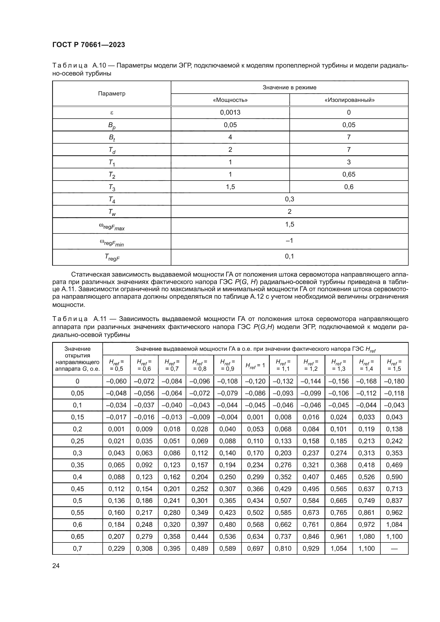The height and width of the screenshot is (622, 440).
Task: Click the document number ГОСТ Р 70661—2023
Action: click(89, 45)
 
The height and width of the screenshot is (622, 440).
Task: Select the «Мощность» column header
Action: click(230, 100)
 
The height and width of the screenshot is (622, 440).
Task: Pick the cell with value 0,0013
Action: click(230, 112)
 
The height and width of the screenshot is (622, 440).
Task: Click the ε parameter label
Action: click(112, 112)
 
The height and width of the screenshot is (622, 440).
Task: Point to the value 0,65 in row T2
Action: click(349, 174)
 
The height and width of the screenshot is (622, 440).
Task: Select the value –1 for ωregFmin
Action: click(289, 241)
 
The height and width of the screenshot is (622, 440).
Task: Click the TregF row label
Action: click(112, 257)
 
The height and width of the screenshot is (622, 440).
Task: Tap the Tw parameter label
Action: click(112, 212)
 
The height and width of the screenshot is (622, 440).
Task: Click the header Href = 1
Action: click(255, 365)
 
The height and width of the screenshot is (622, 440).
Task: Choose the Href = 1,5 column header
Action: click(394, 365)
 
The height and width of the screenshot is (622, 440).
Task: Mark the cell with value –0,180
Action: click(394, 381)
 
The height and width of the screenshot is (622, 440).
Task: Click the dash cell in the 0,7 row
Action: click(394, 549)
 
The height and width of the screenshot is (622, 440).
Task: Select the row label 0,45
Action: click(77, 489)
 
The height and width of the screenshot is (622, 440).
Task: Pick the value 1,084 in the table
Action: click(394, 524)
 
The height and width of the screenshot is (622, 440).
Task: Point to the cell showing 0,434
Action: click(255, 501)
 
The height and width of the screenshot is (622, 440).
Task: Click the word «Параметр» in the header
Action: click(112, 94)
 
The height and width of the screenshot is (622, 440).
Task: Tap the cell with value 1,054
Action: click(338, 549)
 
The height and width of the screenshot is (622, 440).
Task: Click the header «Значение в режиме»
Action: click(289, 87)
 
